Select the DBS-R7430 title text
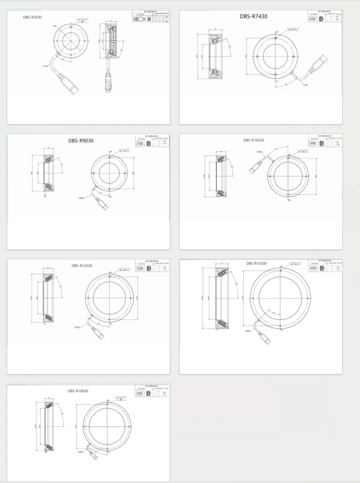coord(253,17)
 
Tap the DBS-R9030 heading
coord(81,140)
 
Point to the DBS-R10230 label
coord(254,140)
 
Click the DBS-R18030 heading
coord(78,391)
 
